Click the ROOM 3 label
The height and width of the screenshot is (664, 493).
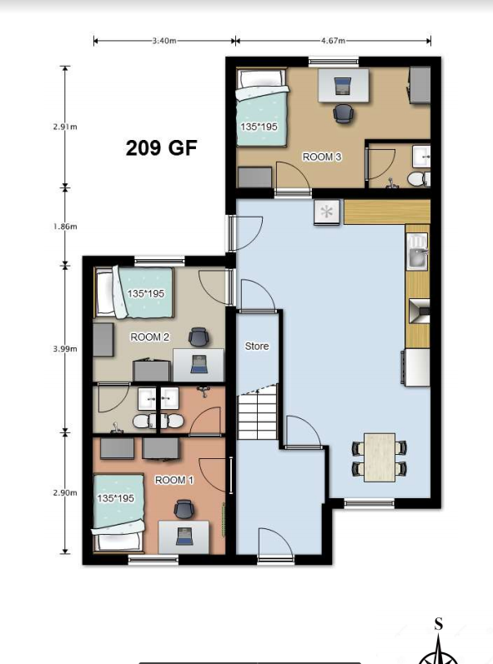pos(322,157)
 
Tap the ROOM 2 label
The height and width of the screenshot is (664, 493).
pos(149,337)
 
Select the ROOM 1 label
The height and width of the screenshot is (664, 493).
pos(174,480)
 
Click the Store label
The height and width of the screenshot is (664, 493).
pos(257,347)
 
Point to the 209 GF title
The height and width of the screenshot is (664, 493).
pos(162,147)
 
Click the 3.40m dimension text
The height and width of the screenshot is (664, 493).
pos(164,41)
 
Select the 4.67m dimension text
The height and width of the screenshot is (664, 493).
pos(333,41)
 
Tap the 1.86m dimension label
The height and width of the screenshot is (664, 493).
pos(65,227)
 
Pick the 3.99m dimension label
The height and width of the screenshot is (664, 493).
pos(65,349)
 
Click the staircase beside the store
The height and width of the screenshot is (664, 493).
pos(257,414)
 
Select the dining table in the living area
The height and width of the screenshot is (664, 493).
pos(380,457)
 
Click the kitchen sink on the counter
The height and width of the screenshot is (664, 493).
pos(418,252)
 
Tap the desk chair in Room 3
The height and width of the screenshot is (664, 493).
pos(343,113)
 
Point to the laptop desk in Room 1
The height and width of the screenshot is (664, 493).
pos(184,537)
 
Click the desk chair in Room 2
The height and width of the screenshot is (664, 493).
pos(199,337)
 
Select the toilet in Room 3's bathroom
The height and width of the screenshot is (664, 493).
pos(419,179)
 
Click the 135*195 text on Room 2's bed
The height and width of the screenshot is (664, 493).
pos(145,293)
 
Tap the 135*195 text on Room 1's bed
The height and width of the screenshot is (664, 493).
pos(115,498)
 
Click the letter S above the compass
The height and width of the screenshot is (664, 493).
pos(439,625)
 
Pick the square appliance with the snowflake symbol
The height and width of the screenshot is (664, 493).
pos(327,212)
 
